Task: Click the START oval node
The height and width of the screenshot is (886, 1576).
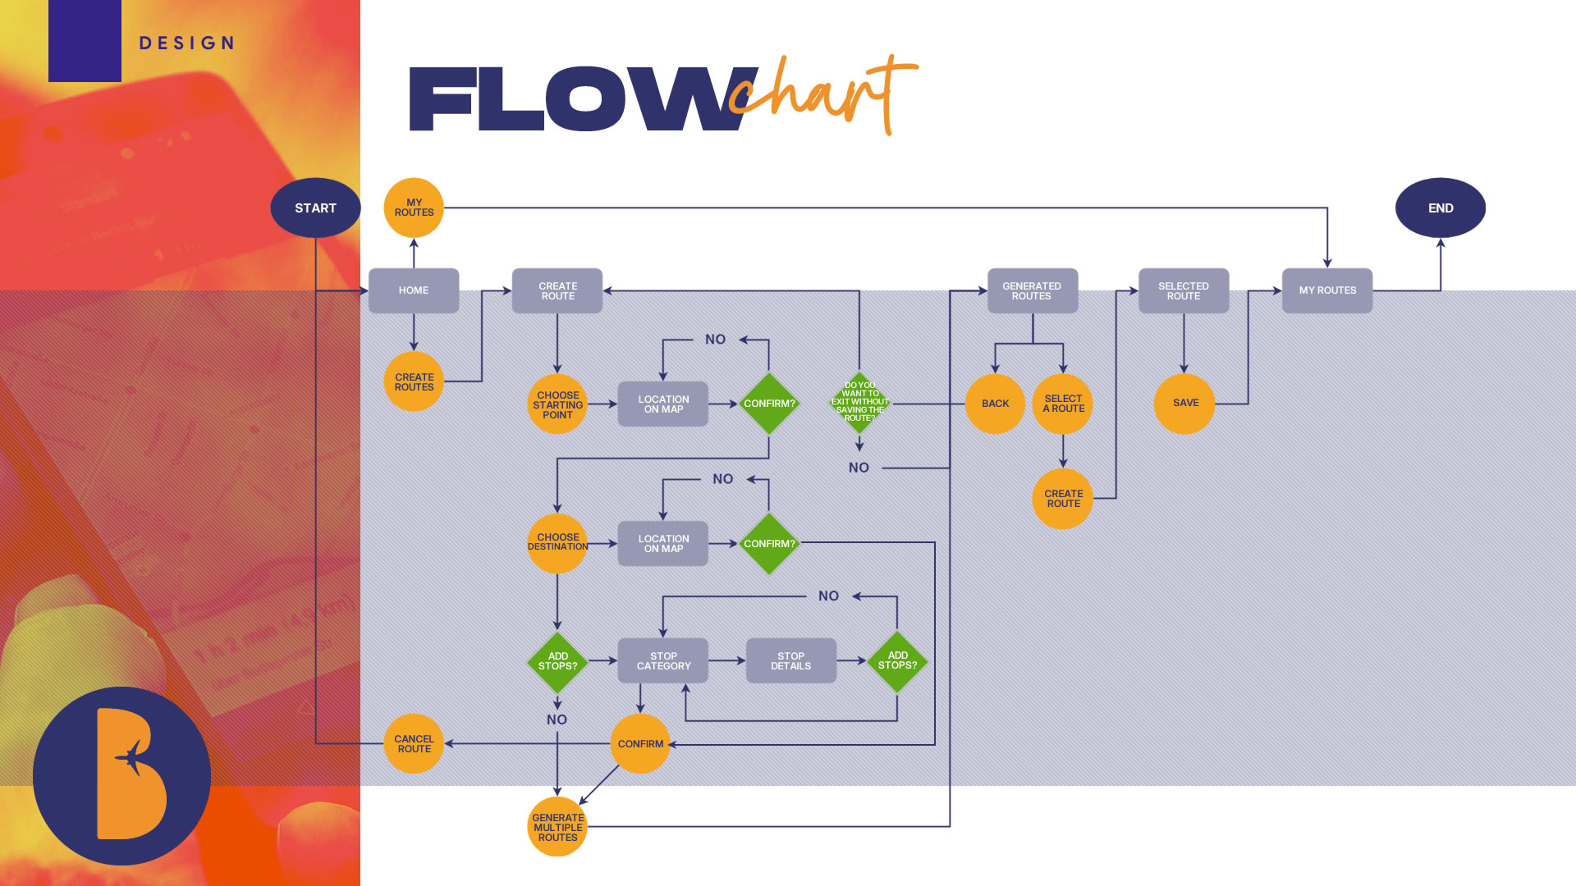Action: tap(315, 208)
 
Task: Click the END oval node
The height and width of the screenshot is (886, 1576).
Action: tap(1440, 208)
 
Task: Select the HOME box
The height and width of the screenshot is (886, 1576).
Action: tap(414, 290)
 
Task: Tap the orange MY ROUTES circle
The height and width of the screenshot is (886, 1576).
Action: tap(414, 208)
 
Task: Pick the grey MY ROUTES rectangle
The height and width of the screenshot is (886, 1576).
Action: tap(1326, 290)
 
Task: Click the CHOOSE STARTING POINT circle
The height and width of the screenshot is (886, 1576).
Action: tap(557, 404)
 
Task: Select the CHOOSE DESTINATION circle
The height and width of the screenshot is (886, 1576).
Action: tap(557, 543)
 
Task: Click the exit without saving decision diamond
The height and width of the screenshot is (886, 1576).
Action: tap(859, 402)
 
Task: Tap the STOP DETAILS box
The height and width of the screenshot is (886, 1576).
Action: tap(790, 661)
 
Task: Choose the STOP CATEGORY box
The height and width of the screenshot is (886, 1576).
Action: tap(663, 661)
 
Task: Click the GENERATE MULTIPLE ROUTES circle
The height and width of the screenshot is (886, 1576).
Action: tap(557, 827)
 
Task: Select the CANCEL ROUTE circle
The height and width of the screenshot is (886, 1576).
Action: tap(414, 744)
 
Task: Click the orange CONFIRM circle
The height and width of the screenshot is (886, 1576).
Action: tap(640, 744)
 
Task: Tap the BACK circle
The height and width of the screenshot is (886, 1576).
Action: tap(995, 404)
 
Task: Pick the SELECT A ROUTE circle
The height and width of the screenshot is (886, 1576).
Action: tap(1063, 404)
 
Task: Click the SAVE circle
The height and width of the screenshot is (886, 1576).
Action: tap(1184, 403)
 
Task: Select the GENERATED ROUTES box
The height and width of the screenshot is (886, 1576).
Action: tap(1032, 290)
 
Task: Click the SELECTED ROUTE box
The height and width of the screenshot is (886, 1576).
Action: tap(1183, 290)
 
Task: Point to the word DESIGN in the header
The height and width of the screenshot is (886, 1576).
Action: tap(187, 43)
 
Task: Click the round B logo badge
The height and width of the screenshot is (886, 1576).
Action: tap(121, 775)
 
